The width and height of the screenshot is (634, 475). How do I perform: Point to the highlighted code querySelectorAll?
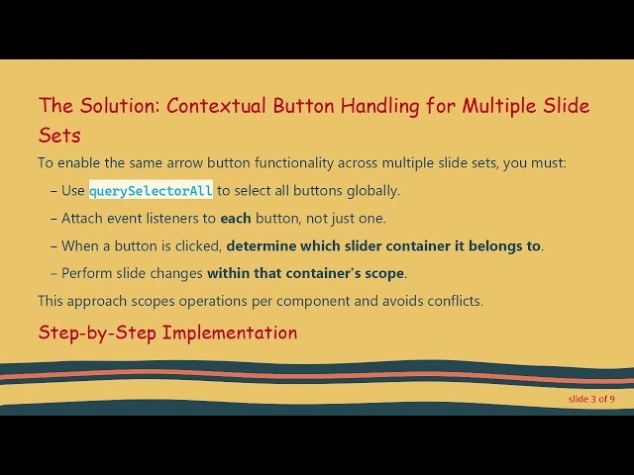151,190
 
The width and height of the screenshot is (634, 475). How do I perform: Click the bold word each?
236,218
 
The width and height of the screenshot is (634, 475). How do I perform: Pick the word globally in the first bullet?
373,190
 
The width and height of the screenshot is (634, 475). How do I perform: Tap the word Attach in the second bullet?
83,218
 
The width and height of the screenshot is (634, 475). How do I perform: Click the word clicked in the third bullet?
197,245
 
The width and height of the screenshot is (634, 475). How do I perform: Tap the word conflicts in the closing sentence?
452,300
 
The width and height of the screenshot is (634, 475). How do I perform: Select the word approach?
101,300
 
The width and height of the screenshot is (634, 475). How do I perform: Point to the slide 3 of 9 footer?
591,399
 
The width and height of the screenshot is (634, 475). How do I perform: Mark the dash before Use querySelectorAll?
53,190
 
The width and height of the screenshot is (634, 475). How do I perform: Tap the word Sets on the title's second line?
59,135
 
